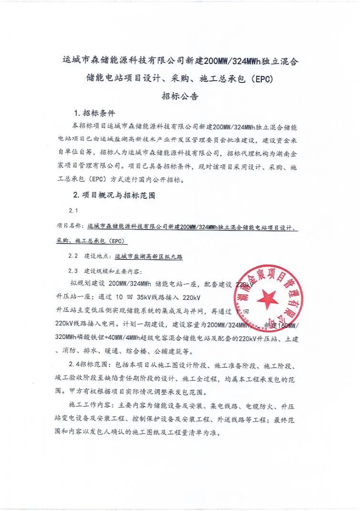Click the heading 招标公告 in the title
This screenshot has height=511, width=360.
click(180, 95)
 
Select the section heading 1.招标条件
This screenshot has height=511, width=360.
click(94, 114)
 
